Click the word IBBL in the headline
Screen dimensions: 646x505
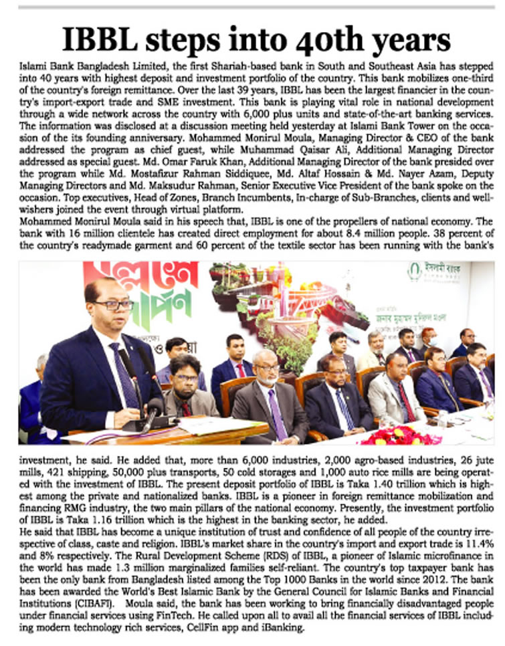106,39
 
